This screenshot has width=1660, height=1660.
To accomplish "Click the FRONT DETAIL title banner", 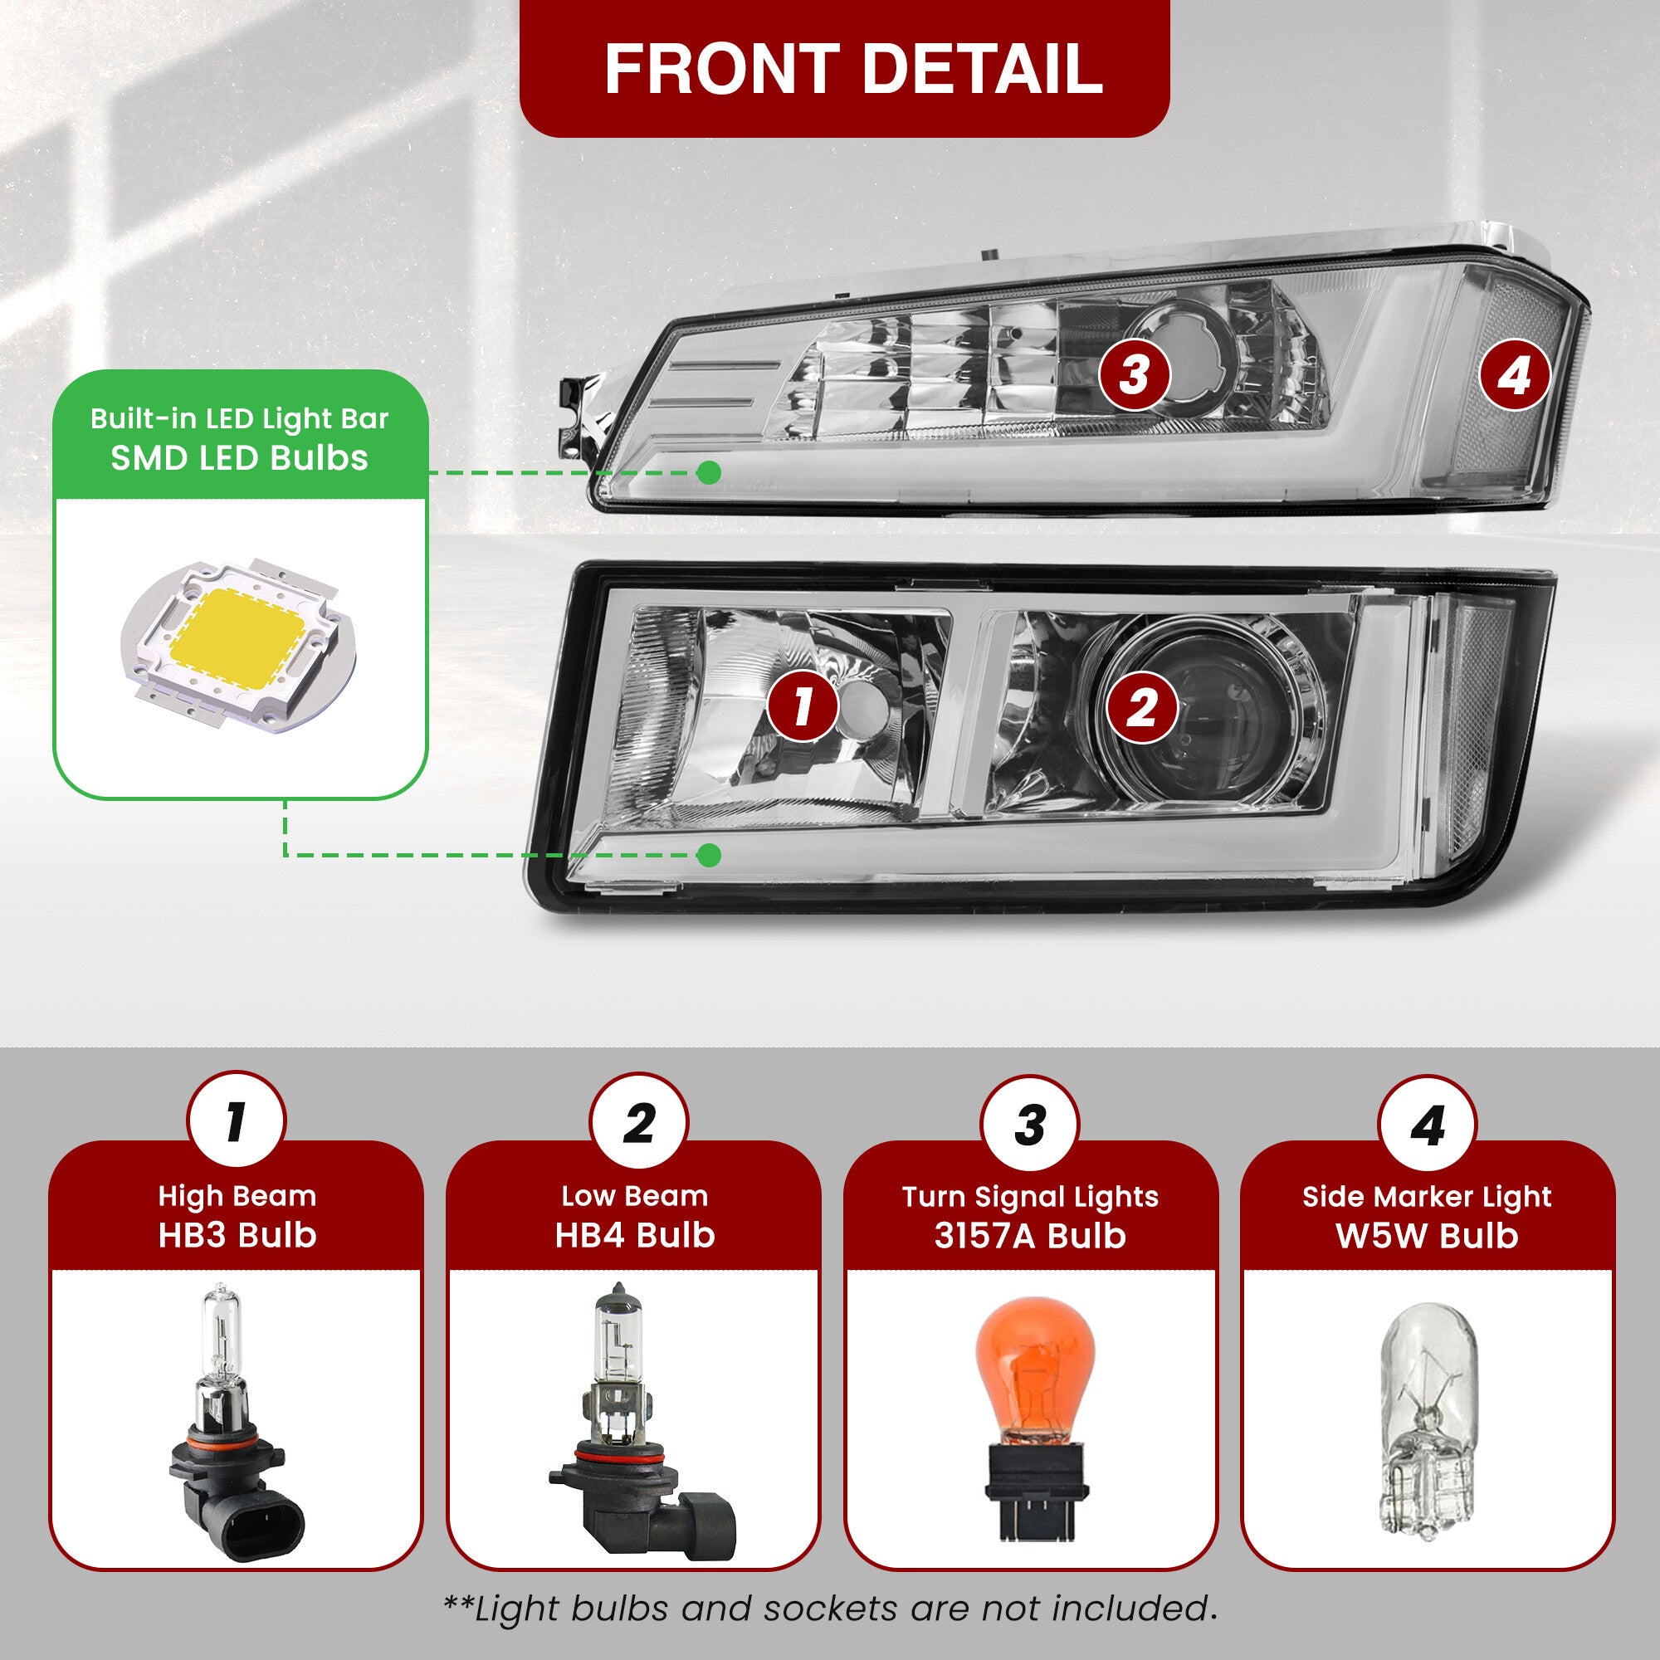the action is (x=845, y=68).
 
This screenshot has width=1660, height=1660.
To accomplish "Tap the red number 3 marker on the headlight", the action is (x=1135, y=375).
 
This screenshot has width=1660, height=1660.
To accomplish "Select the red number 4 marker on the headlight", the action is (x=1515, y=375).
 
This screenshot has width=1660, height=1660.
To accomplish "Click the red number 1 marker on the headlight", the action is (x=803, y=706).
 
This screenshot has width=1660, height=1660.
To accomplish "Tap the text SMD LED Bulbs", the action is (x=240, y=458).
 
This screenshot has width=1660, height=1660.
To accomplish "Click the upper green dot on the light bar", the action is (x=709, y=471).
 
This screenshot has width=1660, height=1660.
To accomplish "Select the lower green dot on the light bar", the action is (x=709, y=855).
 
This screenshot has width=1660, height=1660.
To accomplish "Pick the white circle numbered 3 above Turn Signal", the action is (x=1030, y=1125).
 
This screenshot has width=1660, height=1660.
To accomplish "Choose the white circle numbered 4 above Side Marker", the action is (x=1427, y=1125).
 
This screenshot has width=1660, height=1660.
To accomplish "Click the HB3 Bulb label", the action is (x=237, y=1235).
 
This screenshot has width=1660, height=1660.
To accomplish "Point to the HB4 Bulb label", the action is (x=635, y=1235).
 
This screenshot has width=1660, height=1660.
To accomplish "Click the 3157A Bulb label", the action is (x=1030, y=1236).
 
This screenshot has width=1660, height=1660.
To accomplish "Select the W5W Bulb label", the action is (x=1427, y=1236).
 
